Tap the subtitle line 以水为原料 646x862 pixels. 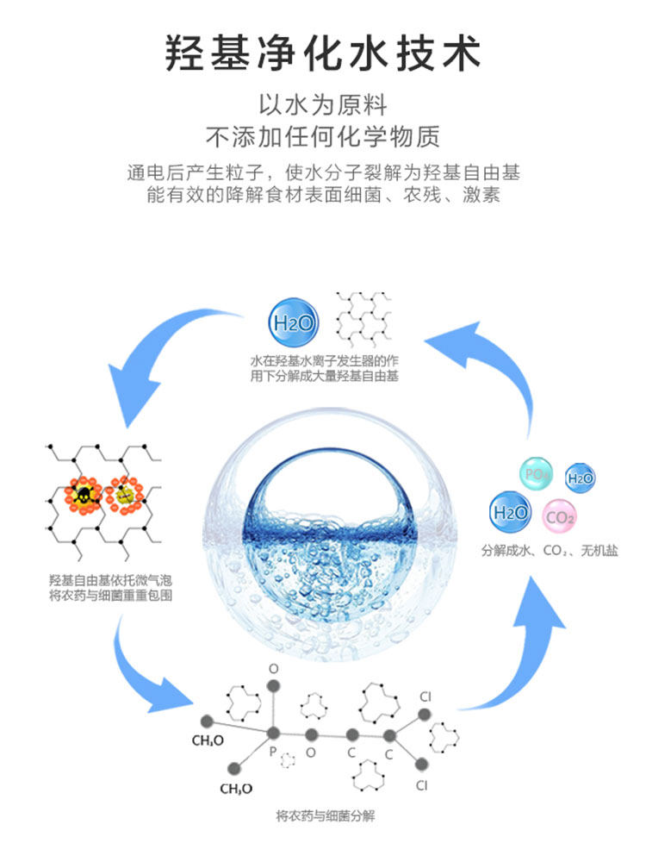point(322,106)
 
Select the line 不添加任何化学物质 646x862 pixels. point(322,136)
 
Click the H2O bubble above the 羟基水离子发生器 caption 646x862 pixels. point(292,324)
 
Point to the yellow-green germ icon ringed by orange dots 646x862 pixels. point(126,494)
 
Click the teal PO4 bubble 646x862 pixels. point(537,473)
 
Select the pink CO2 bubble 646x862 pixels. point(560,517)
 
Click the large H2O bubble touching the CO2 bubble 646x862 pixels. point(511,512)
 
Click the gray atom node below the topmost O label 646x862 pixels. point(274,686)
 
